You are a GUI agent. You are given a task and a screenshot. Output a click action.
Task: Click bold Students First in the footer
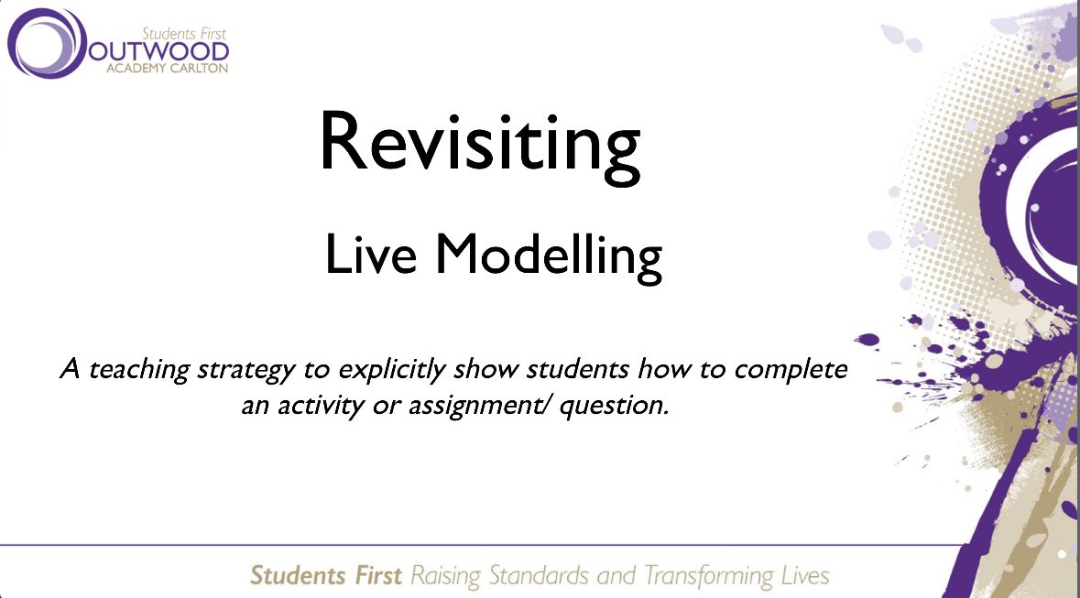point(325,576)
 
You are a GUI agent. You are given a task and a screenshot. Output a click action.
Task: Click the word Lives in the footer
point(801,576)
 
